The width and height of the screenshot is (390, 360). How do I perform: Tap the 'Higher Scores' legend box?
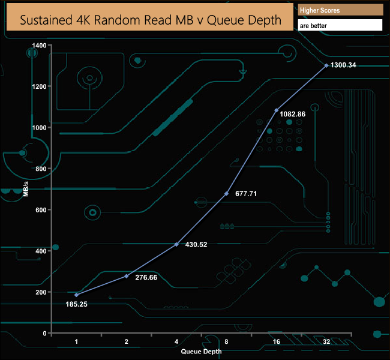pyautogui.click(x=340, y=10)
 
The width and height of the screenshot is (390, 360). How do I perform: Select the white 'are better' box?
pyautogui.click(x=340, y=26)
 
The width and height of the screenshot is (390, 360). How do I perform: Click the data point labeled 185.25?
pyautogui.click(x=76, y=295)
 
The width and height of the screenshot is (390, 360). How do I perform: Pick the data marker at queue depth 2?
pyautogui.click(x=126, y=276)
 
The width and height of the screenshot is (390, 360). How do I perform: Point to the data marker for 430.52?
pyautogui.click(x=176, y=244)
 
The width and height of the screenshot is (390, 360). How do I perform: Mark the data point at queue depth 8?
pyautogui.click(x=226, y=193)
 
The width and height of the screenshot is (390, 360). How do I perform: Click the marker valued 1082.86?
pyautogui.click(x=277, y=110)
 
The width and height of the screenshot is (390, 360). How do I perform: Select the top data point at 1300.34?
pyautogui.click(x=326, y=65)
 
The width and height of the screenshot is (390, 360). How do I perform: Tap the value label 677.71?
pyautogui.click(x=247, y=194)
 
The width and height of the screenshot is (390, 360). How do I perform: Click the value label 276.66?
pyautogui.click(x=147, y=278)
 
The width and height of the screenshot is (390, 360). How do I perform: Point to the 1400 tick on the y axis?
pyautogui.click(x=39, y=46)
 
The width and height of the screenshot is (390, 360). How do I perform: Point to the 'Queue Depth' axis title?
pyautogui.click(x=201, y=352)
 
